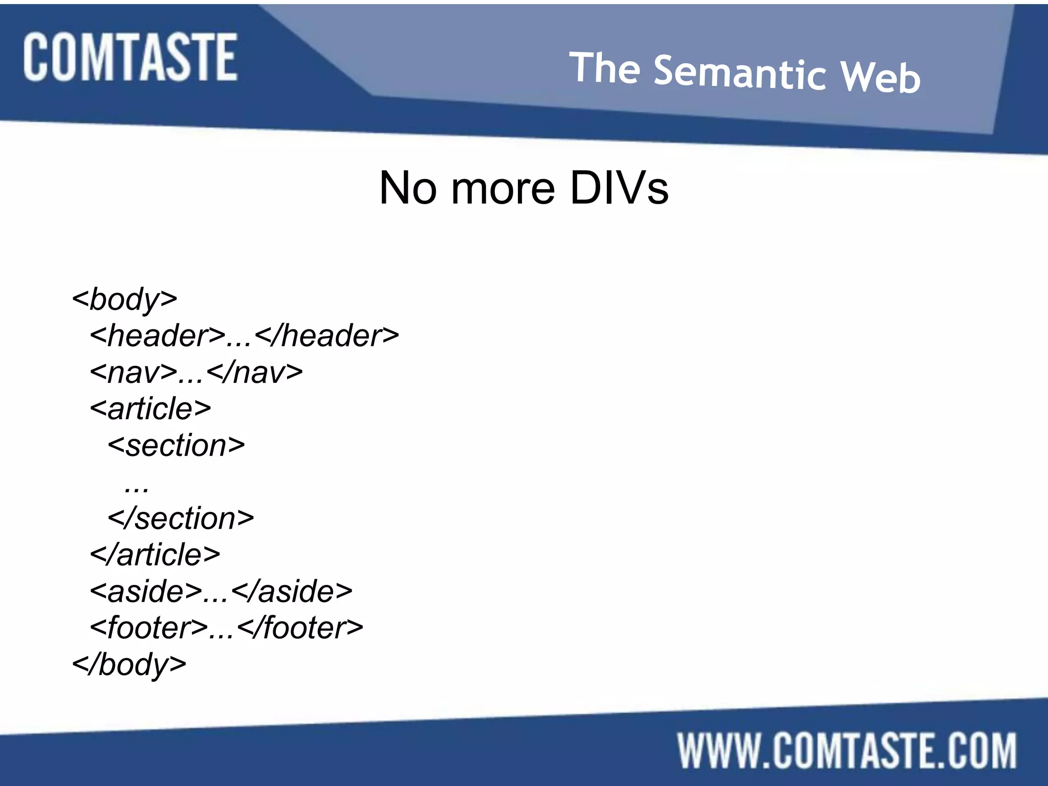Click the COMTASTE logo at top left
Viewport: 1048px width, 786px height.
[x=130, y=57]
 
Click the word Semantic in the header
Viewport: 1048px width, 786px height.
[x=739, y=74]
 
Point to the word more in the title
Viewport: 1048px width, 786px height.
[x=503, y=188]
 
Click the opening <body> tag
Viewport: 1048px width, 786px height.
[x=125, y=299]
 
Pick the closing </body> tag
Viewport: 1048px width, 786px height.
[x=129, y=665]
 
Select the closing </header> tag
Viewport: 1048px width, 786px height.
[x=326, y=336]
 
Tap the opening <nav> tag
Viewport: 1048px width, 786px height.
[x=134, y=372]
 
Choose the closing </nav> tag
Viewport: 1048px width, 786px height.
[x=255, y=372]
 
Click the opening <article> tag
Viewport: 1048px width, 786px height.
[x=150, y=408]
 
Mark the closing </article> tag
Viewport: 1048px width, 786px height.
[x=155, y=555]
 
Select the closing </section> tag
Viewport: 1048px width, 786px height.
[x=181, y=518]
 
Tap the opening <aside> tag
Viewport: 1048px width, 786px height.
[x=146, y=592]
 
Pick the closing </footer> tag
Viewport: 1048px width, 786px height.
[x=300, y=628]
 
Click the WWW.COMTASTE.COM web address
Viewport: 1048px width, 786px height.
[x=847, y=751]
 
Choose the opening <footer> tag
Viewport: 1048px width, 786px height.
[x=149, y=628]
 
